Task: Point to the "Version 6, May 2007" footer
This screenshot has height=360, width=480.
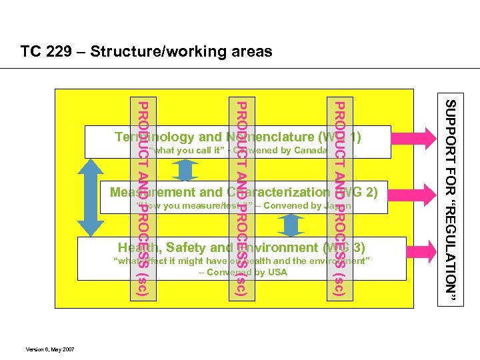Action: click(x=49, y=349)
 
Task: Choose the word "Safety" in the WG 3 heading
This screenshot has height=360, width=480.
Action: click(x=189, y=248)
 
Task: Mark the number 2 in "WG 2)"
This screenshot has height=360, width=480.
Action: click(x=370, y=193)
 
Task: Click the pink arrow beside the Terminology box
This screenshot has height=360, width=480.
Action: click(x=414, y=141)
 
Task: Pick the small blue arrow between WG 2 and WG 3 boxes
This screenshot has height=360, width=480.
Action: click(x=289, y=225)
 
